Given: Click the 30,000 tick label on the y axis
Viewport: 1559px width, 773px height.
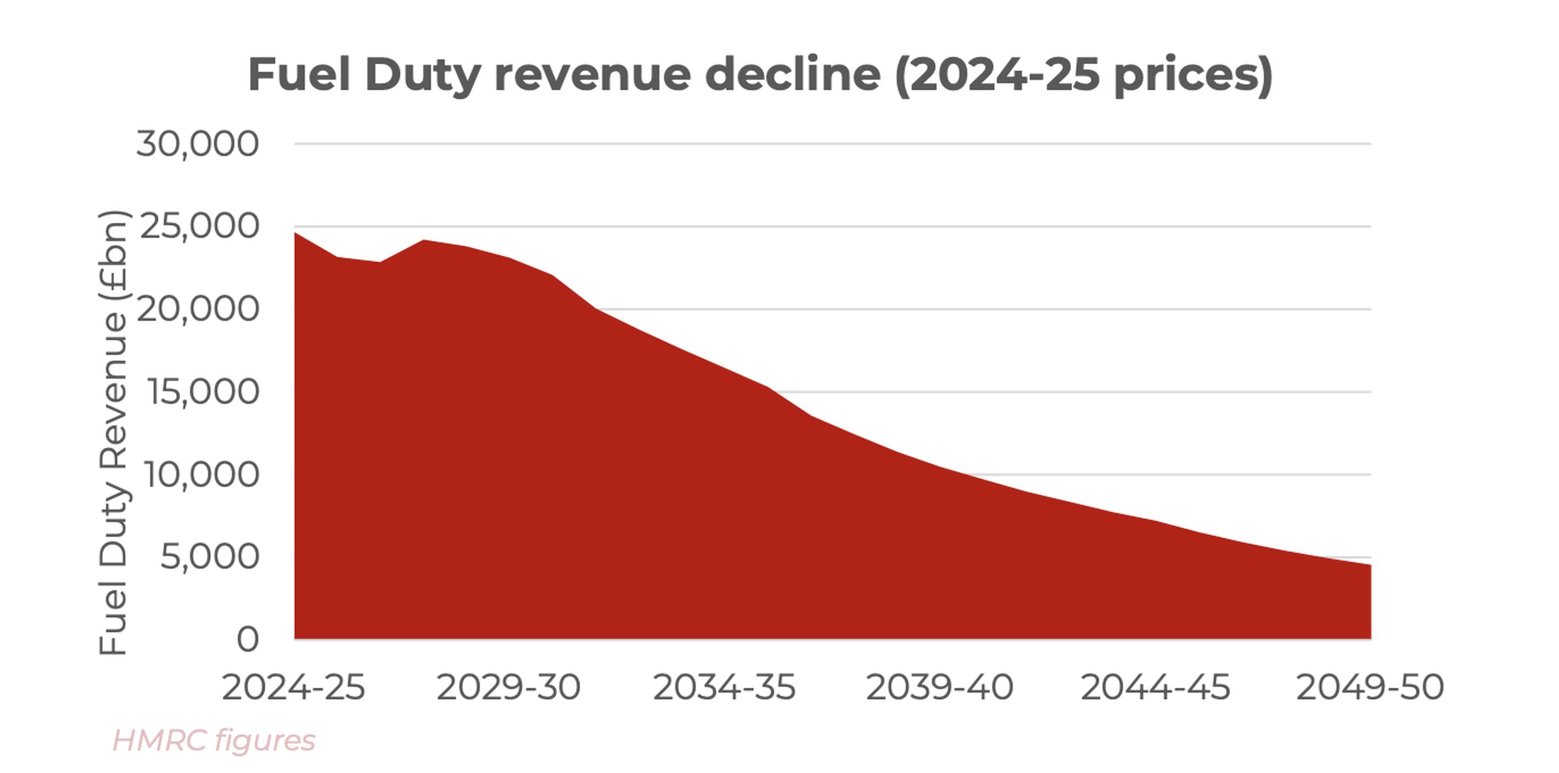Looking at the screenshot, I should [197, 145].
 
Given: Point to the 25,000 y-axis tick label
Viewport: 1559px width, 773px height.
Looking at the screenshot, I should [199, 227].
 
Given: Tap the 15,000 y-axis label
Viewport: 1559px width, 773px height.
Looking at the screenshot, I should [202, 392].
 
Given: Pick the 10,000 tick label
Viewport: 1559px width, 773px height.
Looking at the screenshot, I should [201, 474].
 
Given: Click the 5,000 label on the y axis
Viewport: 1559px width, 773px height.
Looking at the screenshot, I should [209, 557].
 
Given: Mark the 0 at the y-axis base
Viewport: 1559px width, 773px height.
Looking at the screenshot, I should [247, 639].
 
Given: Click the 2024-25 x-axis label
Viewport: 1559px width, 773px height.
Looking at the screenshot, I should [294, 688].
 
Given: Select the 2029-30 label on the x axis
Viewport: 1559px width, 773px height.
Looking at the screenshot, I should [508, 688].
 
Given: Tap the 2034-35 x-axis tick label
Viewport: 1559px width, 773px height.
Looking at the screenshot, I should [724, 688].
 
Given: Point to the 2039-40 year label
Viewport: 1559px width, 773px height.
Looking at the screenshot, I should [939, 688].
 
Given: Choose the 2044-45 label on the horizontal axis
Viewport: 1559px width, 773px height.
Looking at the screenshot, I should [1156, 688].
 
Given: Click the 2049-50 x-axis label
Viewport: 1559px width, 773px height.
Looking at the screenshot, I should [1370, 688].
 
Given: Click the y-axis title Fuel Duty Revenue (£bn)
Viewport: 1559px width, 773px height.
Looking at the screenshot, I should [114, 433].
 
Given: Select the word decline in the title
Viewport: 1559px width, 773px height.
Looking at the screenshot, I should [792, 75].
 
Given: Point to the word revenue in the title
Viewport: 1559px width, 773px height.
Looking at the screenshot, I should [592, 75].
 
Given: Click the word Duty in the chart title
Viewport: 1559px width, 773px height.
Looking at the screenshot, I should [423, 76].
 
